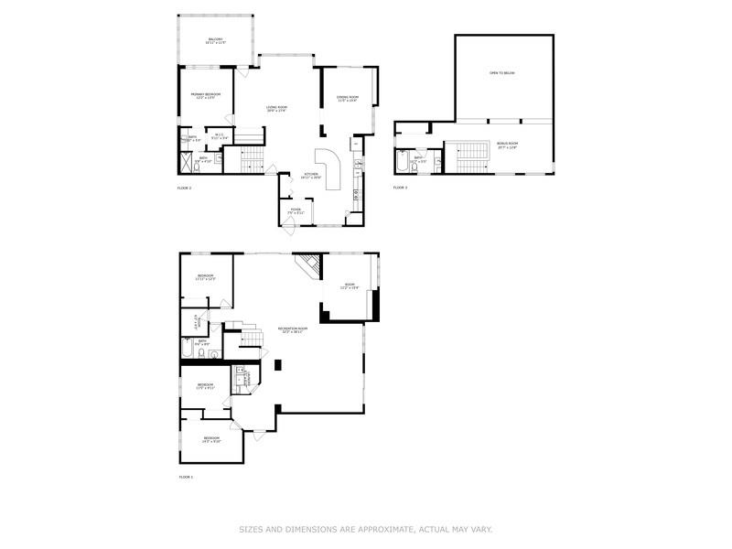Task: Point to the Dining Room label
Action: point(348,99)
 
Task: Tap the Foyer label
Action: point(296,210)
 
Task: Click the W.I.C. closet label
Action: point(221,137)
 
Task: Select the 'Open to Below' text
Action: point(501,73)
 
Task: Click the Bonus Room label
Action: point(507,145)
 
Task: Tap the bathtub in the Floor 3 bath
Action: point(404,163)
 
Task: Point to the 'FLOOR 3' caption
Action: point(400,188)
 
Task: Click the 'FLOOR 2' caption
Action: point(184,188)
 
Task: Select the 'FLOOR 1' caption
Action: point(186,477)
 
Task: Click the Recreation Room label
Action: point(293,329)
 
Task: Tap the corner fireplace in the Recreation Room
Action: point(308,266)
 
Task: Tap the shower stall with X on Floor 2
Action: point(187,164)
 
